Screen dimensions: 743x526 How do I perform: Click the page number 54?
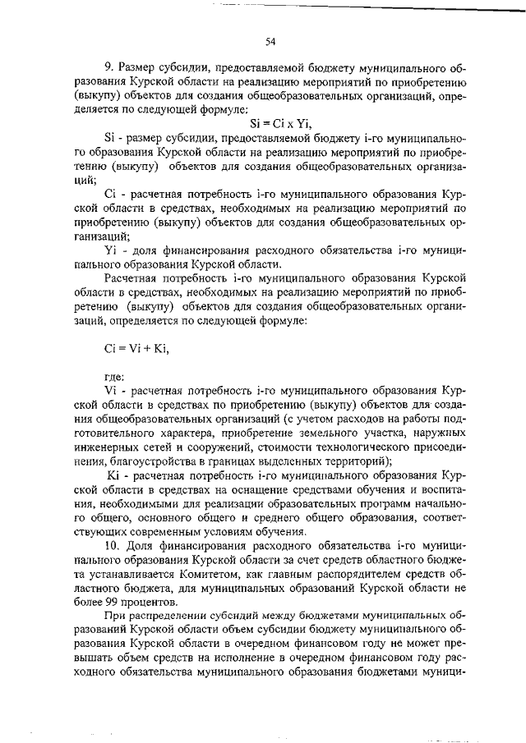[270, 42]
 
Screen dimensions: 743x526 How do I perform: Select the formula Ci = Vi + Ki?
[136, 348]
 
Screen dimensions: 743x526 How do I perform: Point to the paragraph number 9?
[108, 67]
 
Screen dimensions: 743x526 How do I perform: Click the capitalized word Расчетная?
[131, 278]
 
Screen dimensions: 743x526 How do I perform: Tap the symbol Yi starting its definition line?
[112, 250]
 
